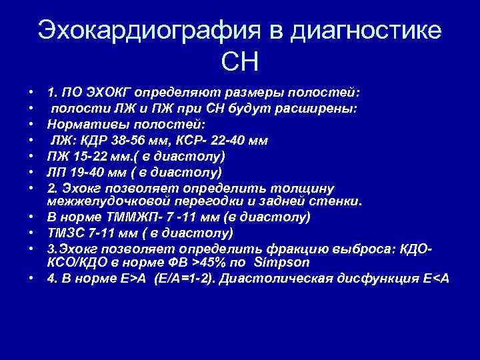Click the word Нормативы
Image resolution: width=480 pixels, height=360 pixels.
[x=83, y=125]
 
